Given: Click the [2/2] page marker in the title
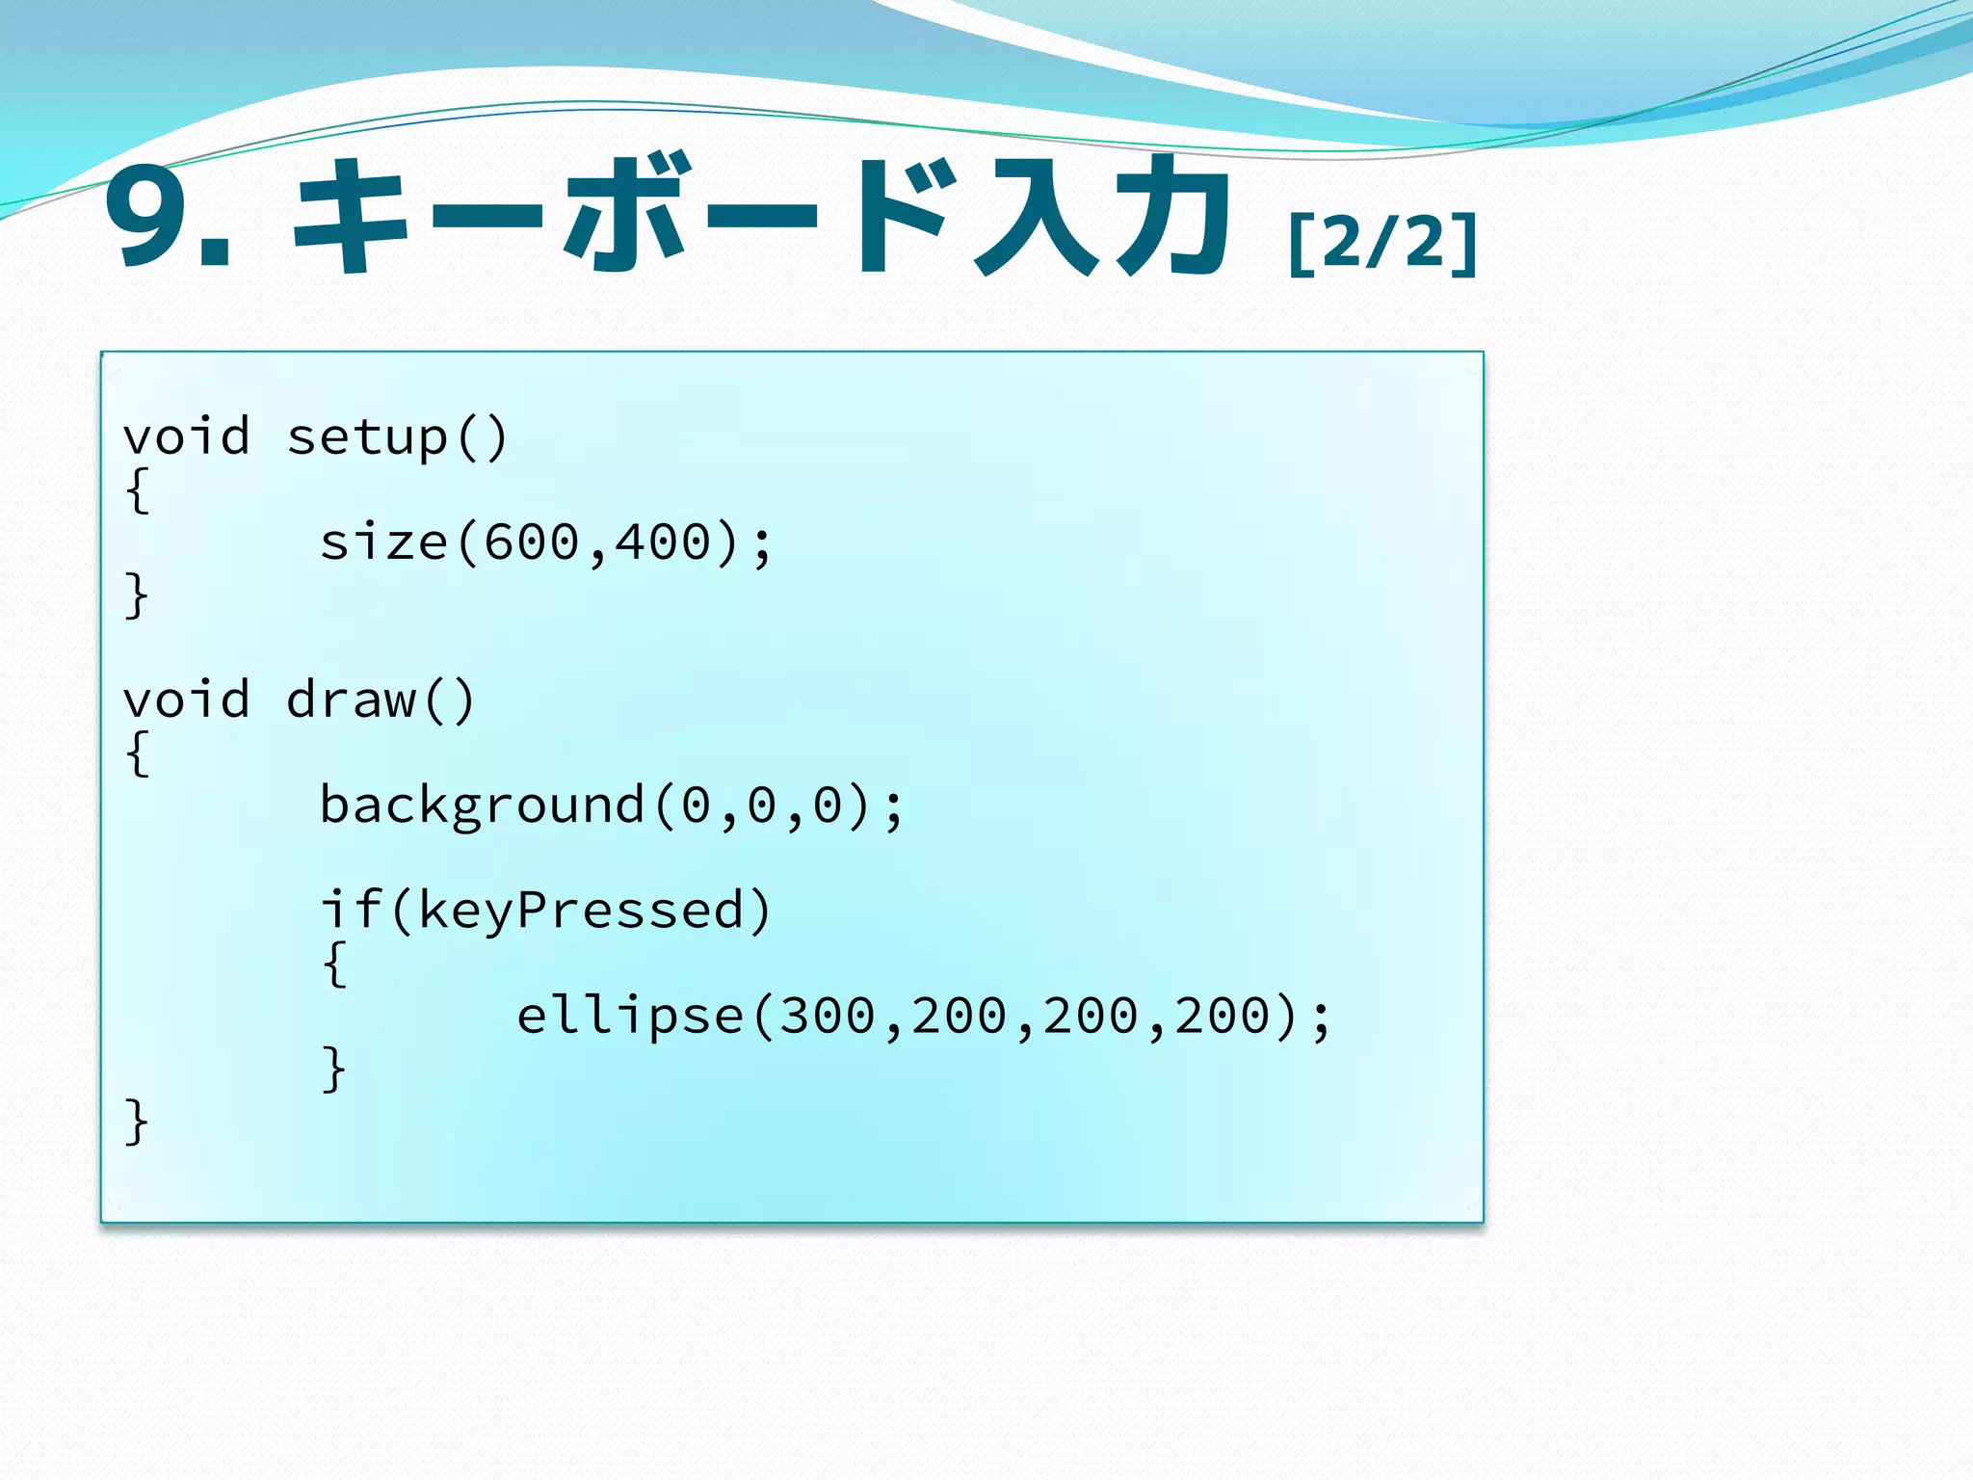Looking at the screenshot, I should pos(1383,243).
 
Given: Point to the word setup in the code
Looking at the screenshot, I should pos(368,438).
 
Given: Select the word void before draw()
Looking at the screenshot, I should pos(187,700).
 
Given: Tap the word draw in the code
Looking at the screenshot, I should pos(352,700).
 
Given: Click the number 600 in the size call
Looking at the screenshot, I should pos(532,542).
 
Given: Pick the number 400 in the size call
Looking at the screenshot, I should pos(663,542).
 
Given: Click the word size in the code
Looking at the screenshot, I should pos(383,542).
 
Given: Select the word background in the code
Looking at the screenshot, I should pos(482,806).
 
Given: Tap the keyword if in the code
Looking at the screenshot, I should pos(352,910).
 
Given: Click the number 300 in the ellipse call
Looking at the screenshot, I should pos(828,1017).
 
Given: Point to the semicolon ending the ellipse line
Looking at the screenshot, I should pos(1321,1019).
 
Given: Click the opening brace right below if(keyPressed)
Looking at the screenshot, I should pos(334,964).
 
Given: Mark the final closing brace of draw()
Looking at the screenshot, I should pos(137,1122).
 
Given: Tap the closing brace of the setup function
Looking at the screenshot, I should pos(137,595).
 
